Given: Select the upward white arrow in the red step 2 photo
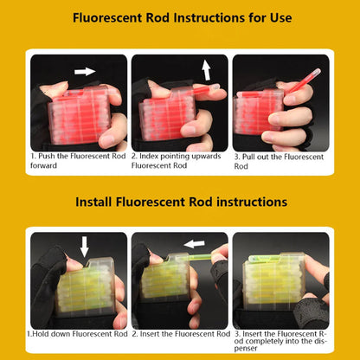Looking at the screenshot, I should (x=206, y=69).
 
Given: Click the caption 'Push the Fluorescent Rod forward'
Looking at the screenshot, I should (x=78, y=160).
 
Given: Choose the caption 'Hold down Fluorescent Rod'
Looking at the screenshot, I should (x=78, y=333).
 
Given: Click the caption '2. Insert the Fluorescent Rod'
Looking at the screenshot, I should (x=180, y=333).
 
